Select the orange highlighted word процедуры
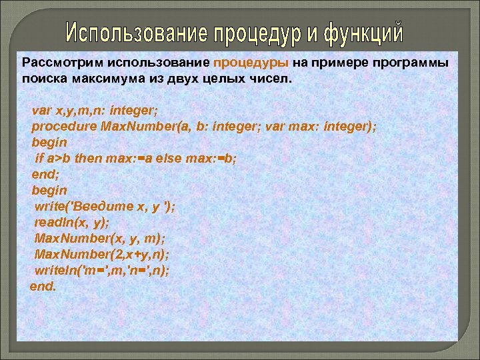[251, 63]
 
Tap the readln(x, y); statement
[72, 223]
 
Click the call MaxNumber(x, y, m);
[91, 239]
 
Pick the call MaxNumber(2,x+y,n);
[102, 255]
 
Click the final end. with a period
[43, 287]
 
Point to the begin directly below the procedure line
[49, 143]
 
